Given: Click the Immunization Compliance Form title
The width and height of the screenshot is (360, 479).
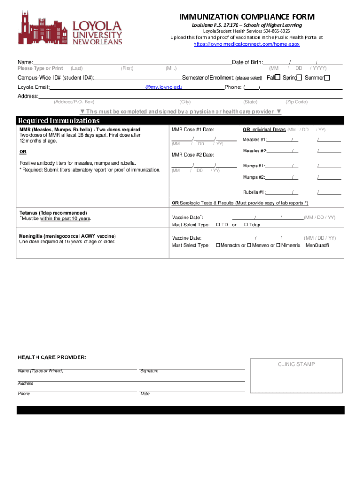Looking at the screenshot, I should point(247,16).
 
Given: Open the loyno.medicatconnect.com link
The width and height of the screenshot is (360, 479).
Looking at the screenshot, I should point(246,44).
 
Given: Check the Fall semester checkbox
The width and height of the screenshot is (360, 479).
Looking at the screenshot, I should point(277,78).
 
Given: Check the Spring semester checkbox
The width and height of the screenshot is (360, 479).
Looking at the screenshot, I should point(299,78).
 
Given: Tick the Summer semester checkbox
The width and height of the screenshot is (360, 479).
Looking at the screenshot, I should point(327,78).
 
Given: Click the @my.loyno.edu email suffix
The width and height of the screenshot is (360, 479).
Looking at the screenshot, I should point(164,87).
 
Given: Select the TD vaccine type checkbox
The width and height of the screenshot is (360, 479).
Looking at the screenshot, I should point(218,225).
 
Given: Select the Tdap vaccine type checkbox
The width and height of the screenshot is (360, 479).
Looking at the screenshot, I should point(245,225).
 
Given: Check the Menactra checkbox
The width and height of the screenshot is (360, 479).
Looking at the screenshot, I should point(218,245).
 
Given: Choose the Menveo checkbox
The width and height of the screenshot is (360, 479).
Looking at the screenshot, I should point(249,245).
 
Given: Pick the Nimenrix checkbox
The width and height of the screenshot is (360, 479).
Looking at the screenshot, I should point(278,245).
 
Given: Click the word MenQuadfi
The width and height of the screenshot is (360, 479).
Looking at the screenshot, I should point(317,245).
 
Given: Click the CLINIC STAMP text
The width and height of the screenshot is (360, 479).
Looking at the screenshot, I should point(296,364).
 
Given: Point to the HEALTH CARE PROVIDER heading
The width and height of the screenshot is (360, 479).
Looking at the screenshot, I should point(52,357).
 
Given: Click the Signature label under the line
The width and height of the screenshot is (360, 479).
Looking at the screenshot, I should point(149,371).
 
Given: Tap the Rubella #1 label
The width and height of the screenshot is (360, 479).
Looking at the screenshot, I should point(254,192).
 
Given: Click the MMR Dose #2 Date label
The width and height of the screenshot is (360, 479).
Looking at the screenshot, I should point(193,155).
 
